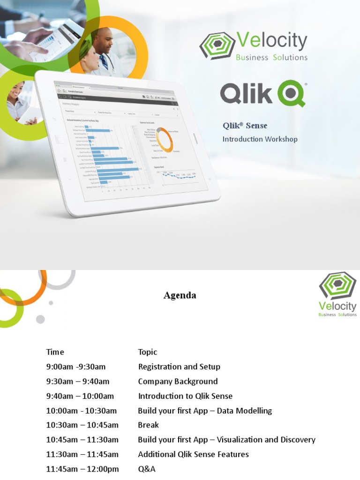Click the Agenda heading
180,295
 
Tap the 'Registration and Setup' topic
179,367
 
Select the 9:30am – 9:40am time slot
78,381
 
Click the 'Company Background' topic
178,381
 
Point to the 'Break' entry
148,425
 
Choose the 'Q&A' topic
146,469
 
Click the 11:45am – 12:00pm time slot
82,469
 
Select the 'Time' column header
55,352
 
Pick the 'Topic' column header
148,352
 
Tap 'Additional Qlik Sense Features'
193,454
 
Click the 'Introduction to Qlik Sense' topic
185,396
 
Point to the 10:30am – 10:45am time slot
82,425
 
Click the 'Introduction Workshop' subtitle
260,139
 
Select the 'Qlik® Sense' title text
245,126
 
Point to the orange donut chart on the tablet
164,140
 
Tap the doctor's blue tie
103,62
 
